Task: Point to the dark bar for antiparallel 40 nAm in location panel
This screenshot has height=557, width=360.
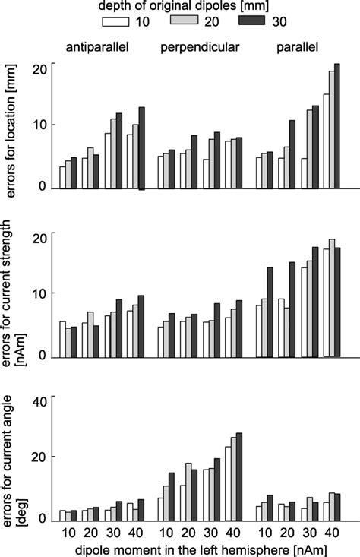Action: (141, 147)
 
